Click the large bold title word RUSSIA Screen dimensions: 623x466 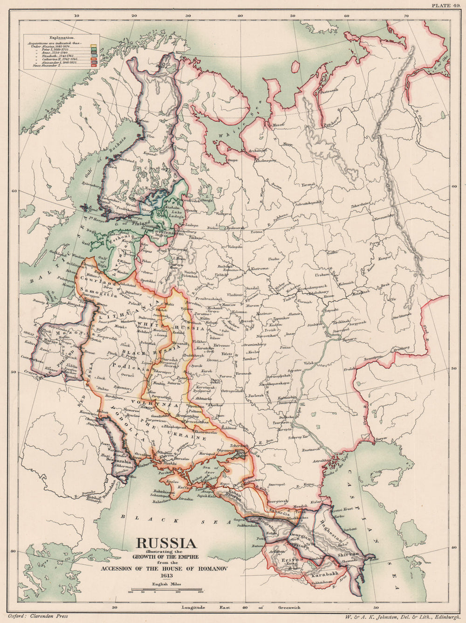tap(165, 543)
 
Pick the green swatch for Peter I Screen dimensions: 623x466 tap(93, 50)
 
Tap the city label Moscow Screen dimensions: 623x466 tap(229, 304)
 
